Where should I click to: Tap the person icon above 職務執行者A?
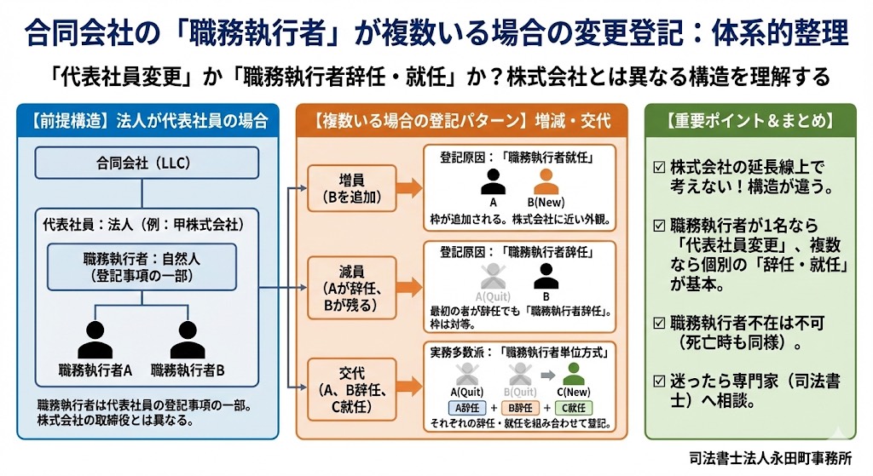[x=95, y=339]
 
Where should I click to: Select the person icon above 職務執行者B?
[x=188, y=339]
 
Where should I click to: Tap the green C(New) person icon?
[x=574, y=375]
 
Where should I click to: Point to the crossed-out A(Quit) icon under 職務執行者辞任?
[x=492, y=276]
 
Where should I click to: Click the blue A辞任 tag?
[x=466, y=407]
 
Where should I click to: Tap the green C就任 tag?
[x=574, y=407]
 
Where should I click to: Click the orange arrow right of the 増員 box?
[x=409, y=188]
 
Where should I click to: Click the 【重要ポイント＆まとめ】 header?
[x=750, y=120]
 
